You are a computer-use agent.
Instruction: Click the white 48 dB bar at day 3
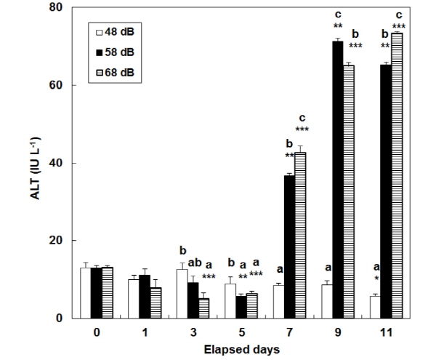click(x=182, y=294)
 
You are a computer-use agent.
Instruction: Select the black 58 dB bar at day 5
click(x=241, y=307)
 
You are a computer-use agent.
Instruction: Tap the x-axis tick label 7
click(x=289, y=331)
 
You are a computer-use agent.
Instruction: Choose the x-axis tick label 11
click(x=387, y=331)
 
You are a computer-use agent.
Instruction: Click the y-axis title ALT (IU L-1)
click(x=34, y=164)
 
